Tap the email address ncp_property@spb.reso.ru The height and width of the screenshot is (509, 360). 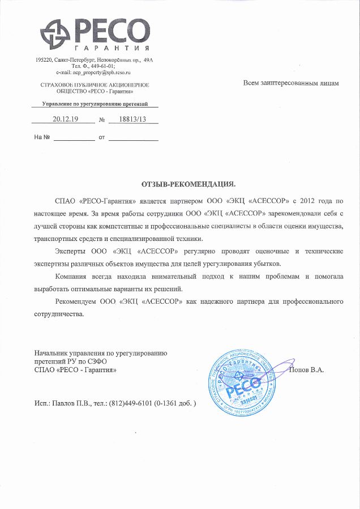(93, 73)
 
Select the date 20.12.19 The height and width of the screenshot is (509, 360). (65, 119)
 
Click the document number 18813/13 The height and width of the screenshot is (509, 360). (127, 119)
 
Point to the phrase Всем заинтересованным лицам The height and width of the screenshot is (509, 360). (291, 83)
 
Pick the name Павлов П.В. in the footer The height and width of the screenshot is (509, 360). (72, 404)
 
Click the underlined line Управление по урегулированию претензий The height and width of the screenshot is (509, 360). (95, 105)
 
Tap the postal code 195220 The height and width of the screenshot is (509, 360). (44, 59)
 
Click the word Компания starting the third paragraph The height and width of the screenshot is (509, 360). (74, 276)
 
